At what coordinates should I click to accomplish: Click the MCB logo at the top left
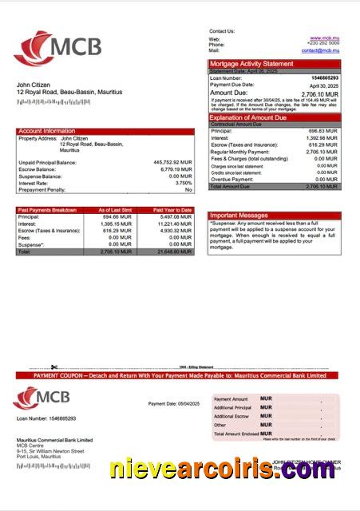57,47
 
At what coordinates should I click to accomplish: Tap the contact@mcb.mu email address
321,50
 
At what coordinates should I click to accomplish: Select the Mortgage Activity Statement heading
251,64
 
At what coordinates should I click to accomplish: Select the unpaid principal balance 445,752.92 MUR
172,162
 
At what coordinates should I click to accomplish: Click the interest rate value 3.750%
180,183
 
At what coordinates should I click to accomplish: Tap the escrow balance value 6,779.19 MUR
175,169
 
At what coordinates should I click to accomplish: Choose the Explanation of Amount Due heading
253,118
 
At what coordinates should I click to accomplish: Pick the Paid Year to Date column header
175,210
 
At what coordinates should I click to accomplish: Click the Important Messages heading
238,216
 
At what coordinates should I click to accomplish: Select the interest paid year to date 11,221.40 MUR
175,224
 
